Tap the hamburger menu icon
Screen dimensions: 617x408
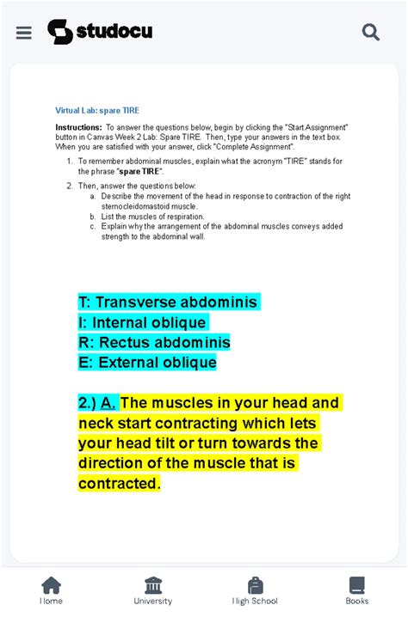tap(24, 33)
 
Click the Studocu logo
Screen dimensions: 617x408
tap(100, 32)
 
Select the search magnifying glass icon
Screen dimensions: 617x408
tap(371, 33)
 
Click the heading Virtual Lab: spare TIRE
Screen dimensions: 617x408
tap(97, 111)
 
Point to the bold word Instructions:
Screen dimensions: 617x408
tap(78, 127)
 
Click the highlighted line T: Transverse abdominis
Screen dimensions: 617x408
tap(168, 302)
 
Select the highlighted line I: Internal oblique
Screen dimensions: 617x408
tap(143, 322)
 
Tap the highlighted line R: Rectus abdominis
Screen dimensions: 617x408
tap(155, 342)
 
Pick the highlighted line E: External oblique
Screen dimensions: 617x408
tap(147, 363)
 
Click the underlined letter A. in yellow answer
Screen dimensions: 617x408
tap(108, 403)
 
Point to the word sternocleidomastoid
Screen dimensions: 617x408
tap(136, 206)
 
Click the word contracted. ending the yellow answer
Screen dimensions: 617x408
tap(120, 484)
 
